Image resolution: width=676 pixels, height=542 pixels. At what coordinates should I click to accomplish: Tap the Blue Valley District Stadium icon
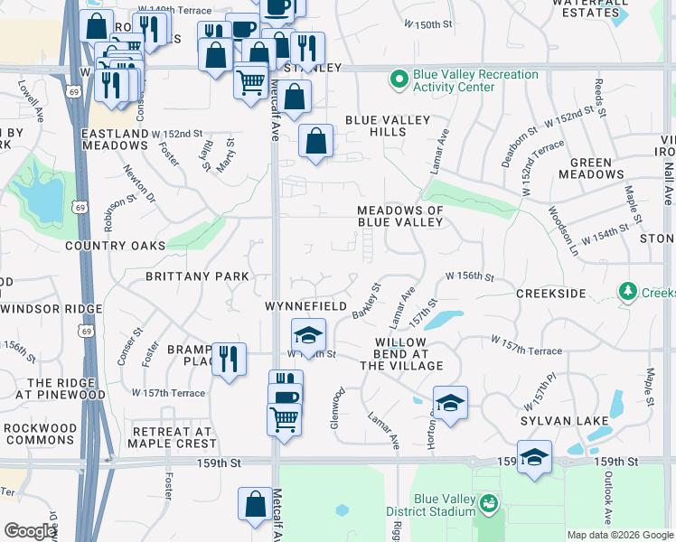point(488,502)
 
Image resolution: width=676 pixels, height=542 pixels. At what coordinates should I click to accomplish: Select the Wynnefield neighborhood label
point(305,306)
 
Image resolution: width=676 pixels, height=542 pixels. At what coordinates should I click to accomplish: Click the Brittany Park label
point(191,276)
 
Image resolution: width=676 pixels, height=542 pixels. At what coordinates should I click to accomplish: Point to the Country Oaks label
point(116,245)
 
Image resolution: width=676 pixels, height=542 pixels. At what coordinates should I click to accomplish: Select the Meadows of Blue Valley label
point(400,216)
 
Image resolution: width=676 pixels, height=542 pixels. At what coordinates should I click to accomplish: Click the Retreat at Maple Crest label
point(172,437)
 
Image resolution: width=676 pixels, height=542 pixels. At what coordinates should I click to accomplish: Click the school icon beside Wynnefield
point(308,334)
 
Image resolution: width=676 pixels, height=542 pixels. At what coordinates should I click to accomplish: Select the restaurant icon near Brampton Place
point(228,359)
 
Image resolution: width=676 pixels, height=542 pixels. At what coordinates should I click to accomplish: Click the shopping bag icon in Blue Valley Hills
point(315,141)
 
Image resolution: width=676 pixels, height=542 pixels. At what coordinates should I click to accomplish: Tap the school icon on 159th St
point(534,457)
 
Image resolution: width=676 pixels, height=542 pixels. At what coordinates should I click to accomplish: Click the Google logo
point(30,531)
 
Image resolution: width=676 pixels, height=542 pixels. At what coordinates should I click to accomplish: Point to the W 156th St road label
point(469,276)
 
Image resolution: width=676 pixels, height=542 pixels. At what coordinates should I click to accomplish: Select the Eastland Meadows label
point(115,139)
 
